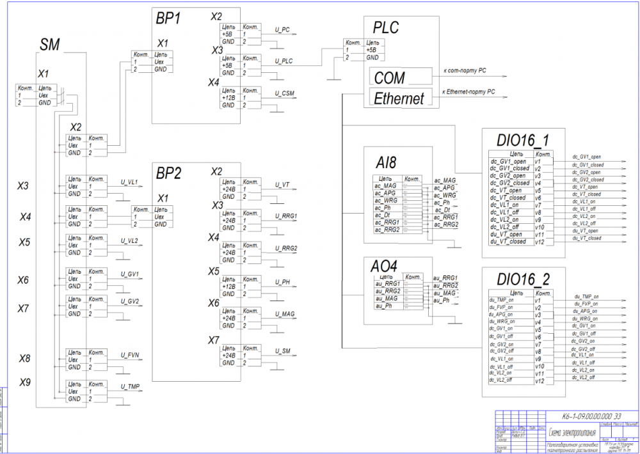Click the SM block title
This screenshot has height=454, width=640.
point(50,45)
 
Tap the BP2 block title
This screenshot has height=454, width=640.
point(168,172)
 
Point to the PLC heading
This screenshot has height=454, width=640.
point(385,27)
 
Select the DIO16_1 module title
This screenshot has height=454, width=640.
point(522,139)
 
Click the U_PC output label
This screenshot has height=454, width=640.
point(282,30)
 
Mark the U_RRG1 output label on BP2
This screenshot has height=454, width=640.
point(286,216)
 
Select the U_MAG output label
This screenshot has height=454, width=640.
point(285,314)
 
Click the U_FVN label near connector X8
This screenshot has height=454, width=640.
point(130,355)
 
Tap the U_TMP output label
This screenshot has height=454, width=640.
point(131,387)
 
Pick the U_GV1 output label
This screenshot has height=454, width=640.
point(131,274)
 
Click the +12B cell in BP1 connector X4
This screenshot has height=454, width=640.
point(228,98)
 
